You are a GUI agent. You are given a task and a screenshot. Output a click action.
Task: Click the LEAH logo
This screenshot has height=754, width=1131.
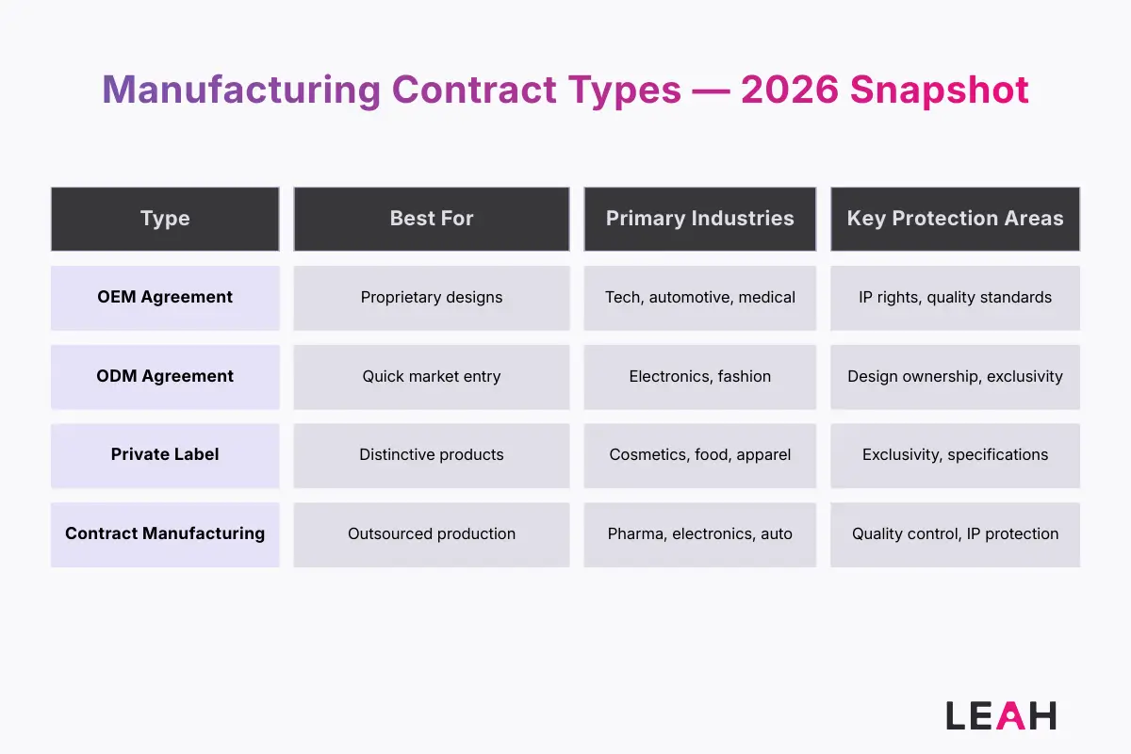[1001, 715]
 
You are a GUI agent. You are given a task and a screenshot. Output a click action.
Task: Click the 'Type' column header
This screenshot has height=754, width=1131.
[165, 219]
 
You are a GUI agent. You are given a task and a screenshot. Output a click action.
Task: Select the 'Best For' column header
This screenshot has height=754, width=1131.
[432, 219]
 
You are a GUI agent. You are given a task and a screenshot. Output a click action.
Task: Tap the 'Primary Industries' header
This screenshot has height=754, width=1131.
[700, 219]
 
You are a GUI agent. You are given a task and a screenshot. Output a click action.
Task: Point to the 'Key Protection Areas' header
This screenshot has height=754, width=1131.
[955, 219]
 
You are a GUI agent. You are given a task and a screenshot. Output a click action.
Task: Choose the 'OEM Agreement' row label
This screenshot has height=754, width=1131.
[165, 297]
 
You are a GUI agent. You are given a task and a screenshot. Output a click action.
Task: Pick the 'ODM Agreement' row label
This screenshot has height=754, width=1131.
[165, 376]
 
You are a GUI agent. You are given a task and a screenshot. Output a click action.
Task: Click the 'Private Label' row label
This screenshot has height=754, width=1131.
[165, 454]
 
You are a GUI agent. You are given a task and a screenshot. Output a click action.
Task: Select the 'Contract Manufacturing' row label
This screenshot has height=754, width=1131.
[165, 533]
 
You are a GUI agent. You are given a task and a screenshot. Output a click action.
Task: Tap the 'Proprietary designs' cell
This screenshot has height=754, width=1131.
[432, 298]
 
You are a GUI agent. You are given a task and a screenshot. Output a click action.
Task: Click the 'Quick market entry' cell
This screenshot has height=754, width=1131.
[432, 377]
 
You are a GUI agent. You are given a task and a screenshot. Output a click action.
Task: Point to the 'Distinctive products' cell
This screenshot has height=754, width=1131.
[432, 455]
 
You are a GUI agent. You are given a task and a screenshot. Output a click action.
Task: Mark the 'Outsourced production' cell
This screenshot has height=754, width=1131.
[432, 534]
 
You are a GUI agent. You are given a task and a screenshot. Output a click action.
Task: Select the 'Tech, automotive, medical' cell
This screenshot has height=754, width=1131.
[700, 298]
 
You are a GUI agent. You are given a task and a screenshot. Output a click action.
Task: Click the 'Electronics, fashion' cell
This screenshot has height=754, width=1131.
[700, 377]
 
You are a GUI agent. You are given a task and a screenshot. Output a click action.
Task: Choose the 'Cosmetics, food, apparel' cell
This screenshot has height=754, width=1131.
[700, 455]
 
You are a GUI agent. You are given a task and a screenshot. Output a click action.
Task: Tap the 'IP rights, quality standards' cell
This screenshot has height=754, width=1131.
[955, 298]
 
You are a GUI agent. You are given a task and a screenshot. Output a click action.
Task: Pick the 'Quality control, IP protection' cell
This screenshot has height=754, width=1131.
[955, 534]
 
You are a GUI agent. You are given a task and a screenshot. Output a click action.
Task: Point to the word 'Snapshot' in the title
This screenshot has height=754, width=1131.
[940, 90]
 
